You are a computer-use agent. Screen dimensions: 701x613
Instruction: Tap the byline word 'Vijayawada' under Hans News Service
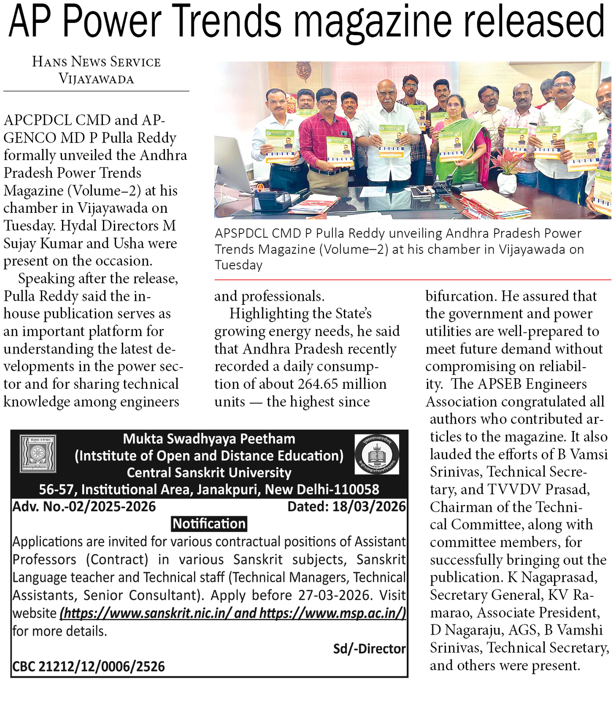pos(96,79)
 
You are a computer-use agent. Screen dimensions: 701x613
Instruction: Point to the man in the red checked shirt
pos(326,132)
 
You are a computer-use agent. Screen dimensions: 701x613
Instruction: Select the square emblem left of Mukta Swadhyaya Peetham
pos(38,453)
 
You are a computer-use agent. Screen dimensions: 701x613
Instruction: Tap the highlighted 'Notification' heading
pos(209,524)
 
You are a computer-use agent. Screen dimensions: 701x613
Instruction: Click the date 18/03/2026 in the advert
pos(369,507)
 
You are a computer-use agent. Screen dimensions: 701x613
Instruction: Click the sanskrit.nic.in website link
pos(146,613)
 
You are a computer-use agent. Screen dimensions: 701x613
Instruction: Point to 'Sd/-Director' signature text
pos(369,649)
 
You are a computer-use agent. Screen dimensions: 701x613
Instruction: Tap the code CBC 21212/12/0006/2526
pos(88,667)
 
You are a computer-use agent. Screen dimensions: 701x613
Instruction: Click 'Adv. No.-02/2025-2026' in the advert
pos(84,507)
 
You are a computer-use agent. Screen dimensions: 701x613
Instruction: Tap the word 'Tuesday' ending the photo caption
pos(238,265)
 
